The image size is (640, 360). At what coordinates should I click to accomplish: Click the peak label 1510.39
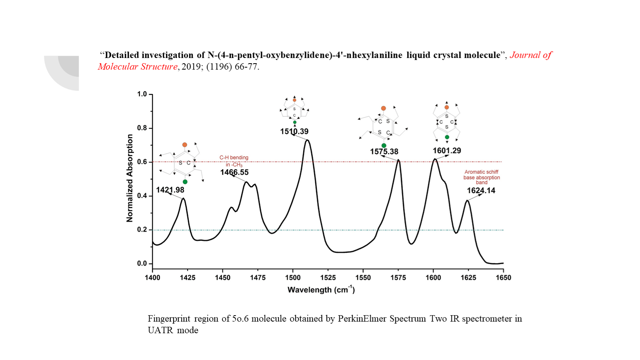point(294,132)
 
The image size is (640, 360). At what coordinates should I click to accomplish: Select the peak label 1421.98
point(170,190)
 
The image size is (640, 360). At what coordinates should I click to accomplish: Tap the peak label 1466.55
point(234,172)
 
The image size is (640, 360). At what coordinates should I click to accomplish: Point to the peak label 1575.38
point(384,152)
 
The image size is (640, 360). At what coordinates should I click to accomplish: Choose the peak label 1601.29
point(447,151)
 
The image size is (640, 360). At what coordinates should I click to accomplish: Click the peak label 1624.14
point(481,191)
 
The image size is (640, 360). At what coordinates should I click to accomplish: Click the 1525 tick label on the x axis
point(328,278)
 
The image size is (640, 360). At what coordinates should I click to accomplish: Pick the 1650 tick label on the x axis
point(503,278)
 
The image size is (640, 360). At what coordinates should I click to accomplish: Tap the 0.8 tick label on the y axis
point(142,128)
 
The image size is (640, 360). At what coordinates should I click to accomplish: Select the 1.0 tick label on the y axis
point(142,94)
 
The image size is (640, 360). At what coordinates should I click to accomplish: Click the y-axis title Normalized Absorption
point(130,178)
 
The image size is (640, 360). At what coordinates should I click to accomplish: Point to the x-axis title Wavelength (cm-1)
point(321,290)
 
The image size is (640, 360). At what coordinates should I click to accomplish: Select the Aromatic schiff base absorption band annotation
point(482,177)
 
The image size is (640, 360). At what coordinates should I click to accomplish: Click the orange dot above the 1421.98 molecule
point(184,145)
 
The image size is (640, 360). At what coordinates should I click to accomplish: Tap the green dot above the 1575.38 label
point(384,146)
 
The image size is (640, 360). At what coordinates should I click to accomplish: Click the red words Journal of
point(531,55)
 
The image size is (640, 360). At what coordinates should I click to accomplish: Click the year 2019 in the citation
point(191,67)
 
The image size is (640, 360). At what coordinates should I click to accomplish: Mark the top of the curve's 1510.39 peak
point(307,140)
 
